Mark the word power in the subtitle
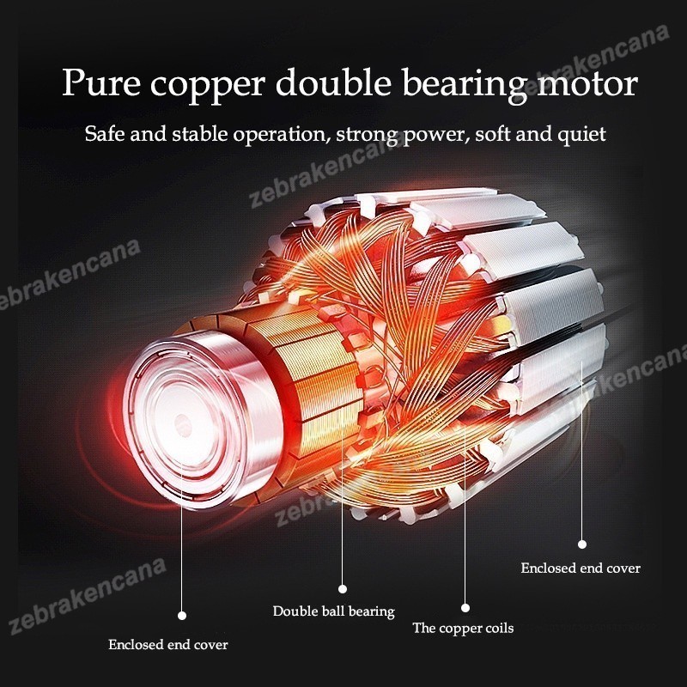pos(438,136)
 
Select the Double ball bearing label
pos(333,611)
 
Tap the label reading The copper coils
pos(463,629)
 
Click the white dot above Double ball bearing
pos(342,589)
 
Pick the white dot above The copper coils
pos(465,606)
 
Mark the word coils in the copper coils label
pos(495,629)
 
